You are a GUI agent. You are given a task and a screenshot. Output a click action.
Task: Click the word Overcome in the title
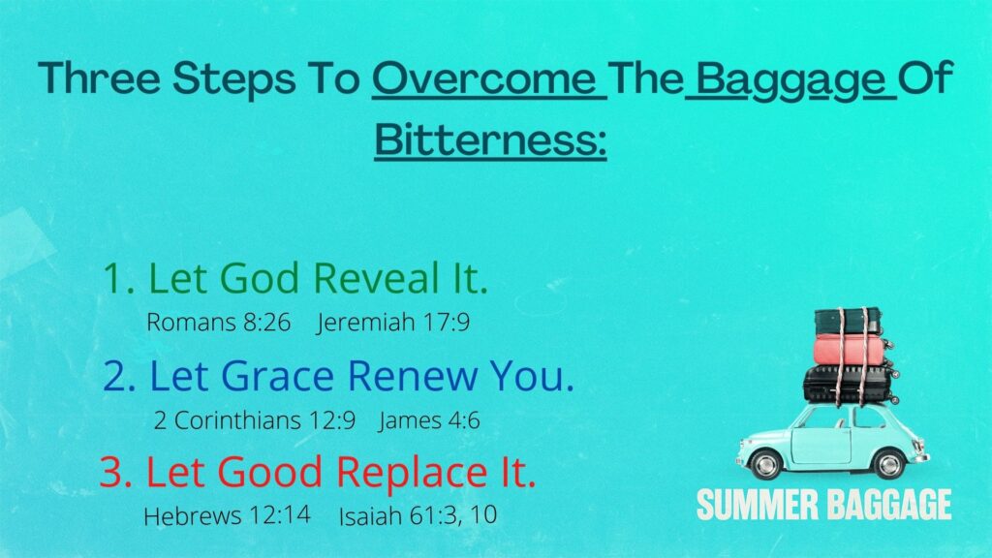click(x=484, y=77)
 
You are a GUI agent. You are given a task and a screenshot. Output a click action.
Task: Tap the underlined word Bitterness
click(x=490, y=139)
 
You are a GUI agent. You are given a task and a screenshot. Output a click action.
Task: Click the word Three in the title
click(x=100, y=77)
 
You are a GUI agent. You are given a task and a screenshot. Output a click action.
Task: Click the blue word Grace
click(x=277, y=375)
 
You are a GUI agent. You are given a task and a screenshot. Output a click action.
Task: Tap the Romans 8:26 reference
click(x=218, y=322)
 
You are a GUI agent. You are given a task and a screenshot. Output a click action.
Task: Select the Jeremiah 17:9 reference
click(x=393, y=322)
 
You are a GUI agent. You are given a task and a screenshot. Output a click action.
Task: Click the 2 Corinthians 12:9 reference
click(x=255, y=420)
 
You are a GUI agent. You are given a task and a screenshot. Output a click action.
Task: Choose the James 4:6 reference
click(x=429, y=420)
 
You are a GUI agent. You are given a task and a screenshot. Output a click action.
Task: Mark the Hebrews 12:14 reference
click(x=227, y=515)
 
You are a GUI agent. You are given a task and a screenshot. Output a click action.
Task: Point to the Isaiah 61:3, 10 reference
click(x=418, y=515)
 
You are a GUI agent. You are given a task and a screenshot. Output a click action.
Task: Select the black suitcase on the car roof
click(x=851, y=384)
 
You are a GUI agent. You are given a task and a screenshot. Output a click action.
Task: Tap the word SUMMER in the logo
click(x=757, y=505)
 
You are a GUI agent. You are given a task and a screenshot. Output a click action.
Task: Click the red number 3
click(x=111, y=473)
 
